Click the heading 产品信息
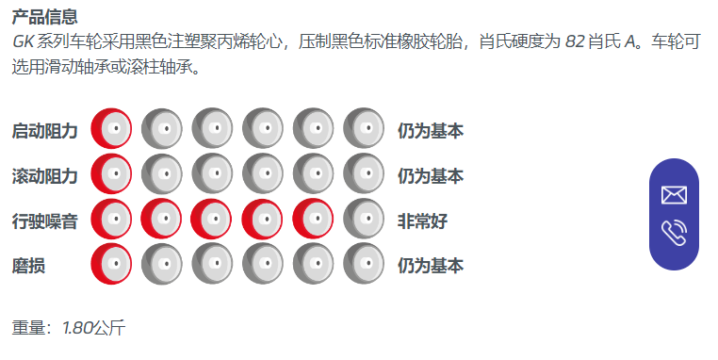(45, 17)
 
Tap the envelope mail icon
(674, 195)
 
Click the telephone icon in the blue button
(674, 233)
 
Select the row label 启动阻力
(45, 131)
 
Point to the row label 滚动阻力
(45, 176)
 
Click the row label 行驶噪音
(45, 221)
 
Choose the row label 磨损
(28, 266)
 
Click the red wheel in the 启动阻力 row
(111, 129)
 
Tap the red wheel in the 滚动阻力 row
(111, 173)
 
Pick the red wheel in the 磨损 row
(111, 264)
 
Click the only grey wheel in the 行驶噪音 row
(364, 219)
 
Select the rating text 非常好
(422, 221)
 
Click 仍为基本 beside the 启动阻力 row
(431, 131)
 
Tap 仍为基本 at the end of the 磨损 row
(431, 266)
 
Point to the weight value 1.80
(78, 328)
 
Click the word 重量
(28, 328)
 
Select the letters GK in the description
(23, 41)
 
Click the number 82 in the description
(575, 41)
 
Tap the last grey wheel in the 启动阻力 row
(364, 129)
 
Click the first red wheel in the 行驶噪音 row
(111, 219)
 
